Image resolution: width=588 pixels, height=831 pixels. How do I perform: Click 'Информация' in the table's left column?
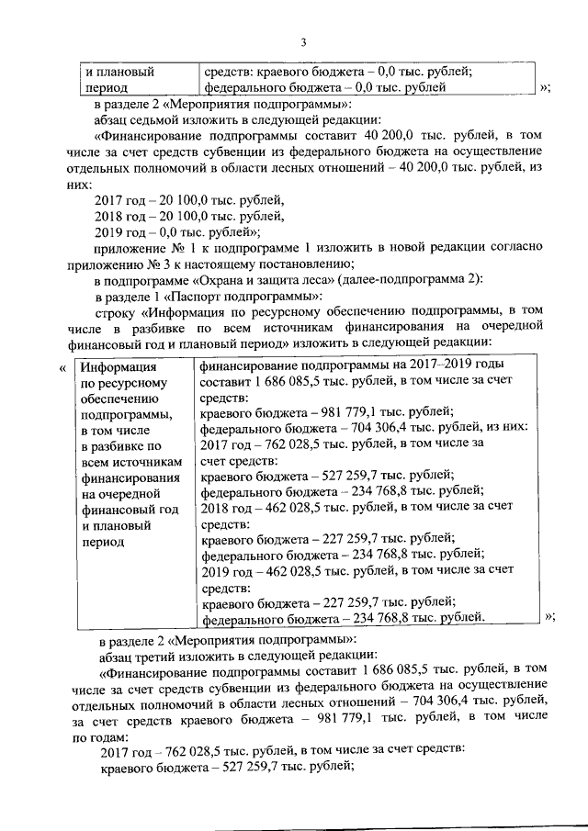click(115, 369)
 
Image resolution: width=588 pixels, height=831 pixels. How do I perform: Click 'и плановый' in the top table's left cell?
click(119, 72)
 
